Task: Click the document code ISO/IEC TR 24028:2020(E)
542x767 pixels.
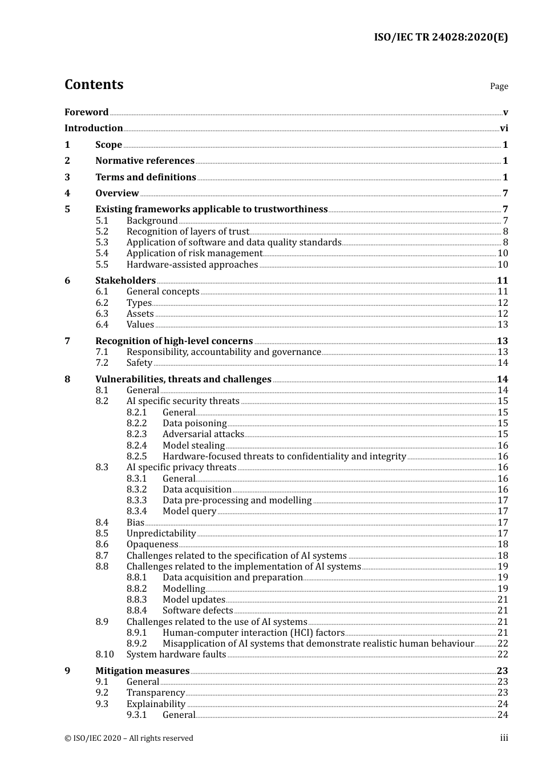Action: click(x=440, y=37)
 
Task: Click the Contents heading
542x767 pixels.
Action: click(x=94, y=84)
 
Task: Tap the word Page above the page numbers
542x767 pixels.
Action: click(x=499, y=86)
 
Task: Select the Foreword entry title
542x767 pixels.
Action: click(x=86, y=112)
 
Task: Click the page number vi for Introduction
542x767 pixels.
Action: click(x=504, y=128)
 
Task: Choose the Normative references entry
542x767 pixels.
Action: click(x=145, y=161)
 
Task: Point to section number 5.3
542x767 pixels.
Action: click(x=102, y=243)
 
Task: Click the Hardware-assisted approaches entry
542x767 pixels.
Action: click(x=192, y=265)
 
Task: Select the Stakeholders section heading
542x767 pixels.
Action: click(x=126, y=281)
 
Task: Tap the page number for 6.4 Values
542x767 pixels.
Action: click(x=503, y=325)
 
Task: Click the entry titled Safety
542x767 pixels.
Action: click(x=139, y=363)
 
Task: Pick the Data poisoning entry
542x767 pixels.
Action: click(x=195, y=423)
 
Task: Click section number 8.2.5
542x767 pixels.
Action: click(x=136, y=457)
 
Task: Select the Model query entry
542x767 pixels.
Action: click(x=189, y=511)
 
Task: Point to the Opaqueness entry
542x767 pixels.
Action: click(x=152, y=544)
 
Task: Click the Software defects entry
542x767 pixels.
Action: click(x=197, y=611)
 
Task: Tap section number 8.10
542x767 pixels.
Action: click(x=104, y=655)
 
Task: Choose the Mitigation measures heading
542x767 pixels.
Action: click(x=142, y=671)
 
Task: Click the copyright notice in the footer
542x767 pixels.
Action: click(x=129, y=738)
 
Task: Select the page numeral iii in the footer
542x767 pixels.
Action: click(x=504, y=738)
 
